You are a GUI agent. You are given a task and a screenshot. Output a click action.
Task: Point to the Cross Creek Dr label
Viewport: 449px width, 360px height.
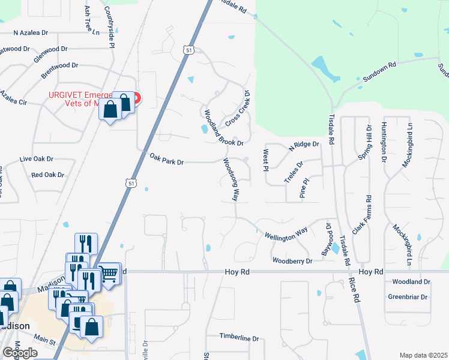pyautogui.click(x=238, y=108)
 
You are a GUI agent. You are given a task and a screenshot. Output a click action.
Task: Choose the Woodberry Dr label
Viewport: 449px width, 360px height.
pyautogui.click(x=292, y=261)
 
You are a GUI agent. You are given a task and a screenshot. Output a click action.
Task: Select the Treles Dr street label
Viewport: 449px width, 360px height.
pyautogui.click(x=294, y=172)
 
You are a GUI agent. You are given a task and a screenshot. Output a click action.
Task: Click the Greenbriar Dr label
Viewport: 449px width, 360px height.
pyautogui.click(x=407, y=297)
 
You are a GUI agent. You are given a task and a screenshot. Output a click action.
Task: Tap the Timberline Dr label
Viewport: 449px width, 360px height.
pyautogui.click(x=238, y=338)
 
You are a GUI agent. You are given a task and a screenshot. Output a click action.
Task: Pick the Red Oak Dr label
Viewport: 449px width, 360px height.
pyautogui.click(x=47, y=175)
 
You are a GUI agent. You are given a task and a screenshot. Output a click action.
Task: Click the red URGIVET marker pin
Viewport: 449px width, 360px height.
pyautogui.click(x=136, y=98)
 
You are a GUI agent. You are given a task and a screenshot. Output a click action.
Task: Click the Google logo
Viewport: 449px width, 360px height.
pyautogui.click(x=20, y=353)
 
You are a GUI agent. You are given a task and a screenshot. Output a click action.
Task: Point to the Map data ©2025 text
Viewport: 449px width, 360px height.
pyautogui.click(x=423, y=355)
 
